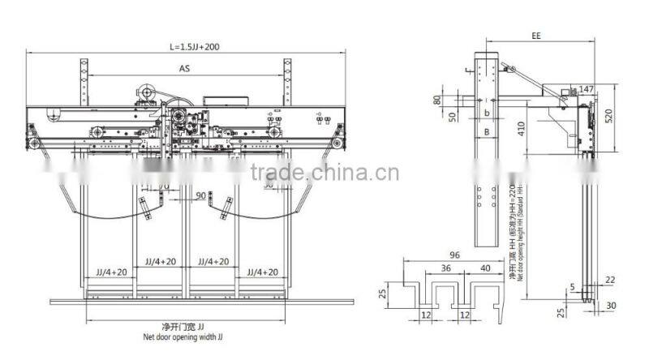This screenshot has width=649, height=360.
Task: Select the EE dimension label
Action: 536,36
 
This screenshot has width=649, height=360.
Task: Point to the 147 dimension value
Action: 587,88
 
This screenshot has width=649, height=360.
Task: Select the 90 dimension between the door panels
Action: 200,195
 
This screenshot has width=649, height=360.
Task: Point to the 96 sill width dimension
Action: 455,255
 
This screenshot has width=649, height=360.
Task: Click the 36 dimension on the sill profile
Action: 446,268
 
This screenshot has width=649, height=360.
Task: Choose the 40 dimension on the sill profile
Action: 484,268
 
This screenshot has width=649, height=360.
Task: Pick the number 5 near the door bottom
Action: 572,285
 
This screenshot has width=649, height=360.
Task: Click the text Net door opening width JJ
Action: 186,333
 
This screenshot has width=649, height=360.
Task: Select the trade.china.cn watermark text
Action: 324,172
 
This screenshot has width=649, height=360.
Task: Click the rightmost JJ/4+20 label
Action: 263,272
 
